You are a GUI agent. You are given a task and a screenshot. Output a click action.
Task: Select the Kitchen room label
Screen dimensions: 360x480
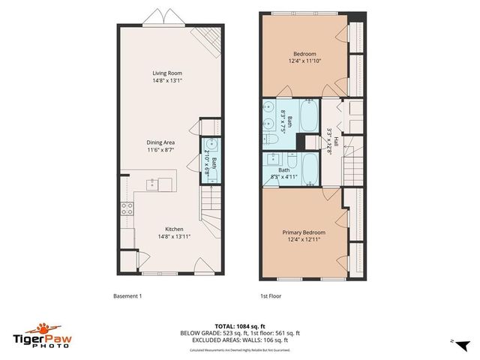[175, 229]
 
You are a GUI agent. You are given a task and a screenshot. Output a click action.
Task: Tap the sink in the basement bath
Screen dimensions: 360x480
[212, 145]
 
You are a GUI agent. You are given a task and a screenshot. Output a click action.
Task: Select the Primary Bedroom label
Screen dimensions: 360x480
[303, 232]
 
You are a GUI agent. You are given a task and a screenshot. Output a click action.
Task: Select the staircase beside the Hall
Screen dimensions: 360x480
[353, 166]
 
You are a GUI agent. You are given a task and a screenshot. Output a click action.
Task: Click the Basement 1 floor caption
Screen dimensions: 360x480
[127, 296]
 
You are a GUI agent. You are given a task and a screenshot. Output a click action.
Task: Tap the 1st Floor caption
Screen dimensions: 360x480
[271, 296]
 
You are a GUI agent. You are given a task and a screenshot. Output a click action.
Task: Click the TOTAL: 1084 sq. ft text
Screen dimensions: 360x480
[239, 325]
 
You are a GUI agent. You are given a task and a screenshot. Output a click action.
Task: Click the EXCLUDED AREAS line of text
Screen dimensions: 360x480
[239, 340]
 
